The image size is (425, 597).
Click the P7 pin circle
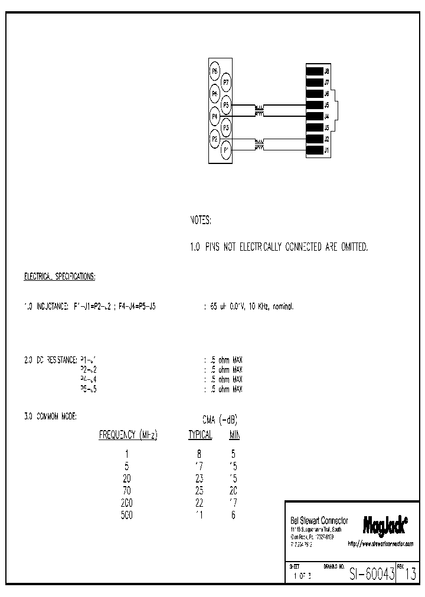point(226,83)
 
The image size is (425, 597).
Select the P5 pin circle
point(226,105)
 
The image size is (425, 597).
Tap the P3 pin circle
point(226,127)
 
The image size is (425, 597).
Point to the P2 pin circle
point(215,139)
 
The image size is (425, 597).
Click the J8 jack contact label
point(327,71)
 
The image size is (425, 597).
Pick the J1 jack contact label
point(327,150)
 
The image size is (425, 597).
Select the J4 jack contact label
point(327,116)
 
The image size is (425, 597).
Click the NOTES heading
point(200,220)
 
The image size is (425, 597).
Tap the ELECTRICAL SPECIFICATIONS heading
point(60,276)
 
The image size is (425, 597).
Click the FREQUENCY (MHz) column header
point(127,435)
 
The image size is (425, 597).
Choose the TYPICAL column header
point(200,435)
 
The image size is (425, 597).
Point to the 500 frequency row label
point(126,515)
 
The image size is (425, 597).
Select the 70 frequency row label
point(126,490)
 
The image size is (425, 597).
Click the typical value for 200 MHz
point(198,503)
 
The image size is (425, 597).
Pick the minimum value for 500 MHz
point(233,515)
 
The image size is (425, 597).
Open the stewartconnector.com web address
point(380,544)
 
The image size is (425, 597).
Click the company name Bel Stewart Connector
point(319,521)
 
